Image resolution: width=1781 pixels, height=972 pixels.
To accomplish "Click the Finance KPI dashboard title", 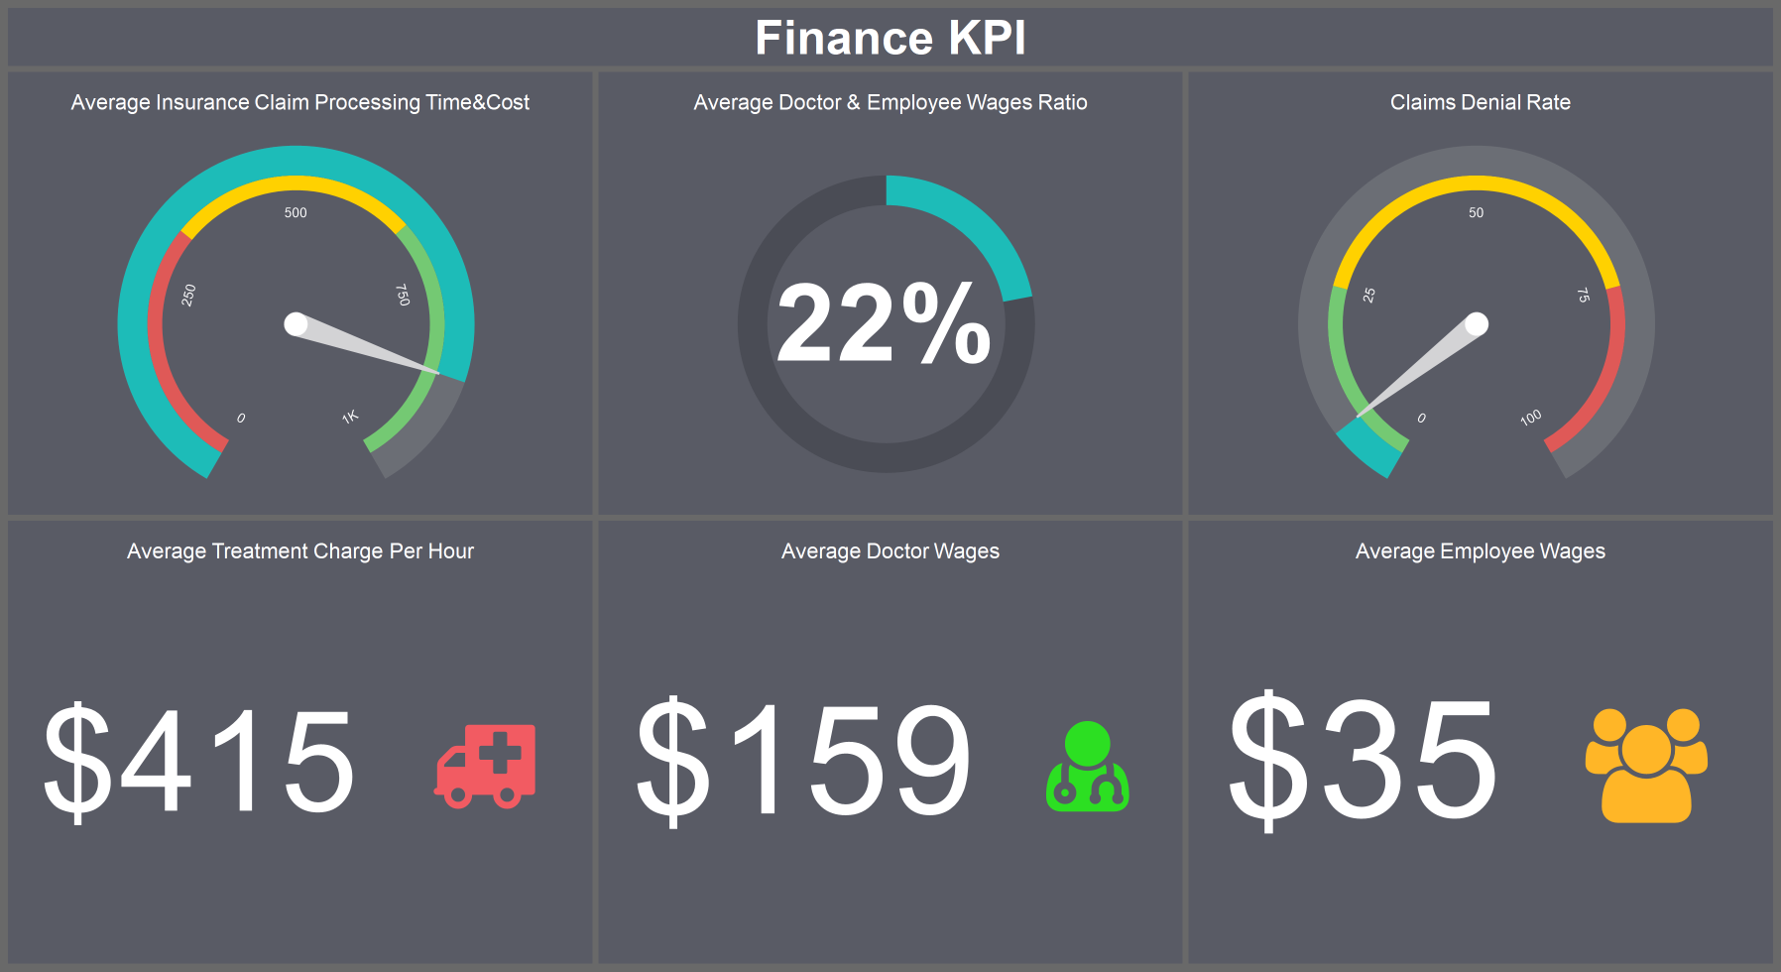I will point(890,38).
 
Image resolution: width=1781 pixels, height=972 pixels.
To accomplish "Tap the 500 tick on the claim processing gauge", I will point(296,212).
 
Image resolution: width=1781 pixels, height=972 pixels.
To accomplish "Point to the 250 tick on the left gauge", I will point(188,295).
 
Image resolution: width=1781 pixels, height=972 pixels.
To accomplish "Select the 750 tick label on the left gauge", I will point(402,295).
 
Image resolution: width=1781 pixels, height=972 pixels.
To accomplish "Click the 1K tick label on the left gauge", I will point(350,417).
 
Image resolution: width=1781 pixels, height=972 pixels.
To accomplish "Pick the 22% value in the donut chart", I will point(884,323).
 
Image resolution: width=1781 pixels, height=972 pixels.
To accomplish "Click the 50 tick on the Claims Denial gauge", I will point(1476,212).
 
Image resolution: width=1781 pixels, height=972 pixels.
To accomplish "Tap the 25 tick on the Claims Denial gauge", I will point(1369,295).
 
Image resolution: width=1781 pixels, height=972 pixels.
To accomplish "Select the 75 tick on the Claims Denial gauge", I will point(1583,295).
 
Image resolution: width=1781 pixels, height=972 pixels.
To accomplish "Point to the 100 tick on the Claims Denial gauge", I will point(1531,417).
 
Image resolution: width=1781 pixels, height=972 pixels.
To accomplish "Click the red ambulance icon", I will point(486,766).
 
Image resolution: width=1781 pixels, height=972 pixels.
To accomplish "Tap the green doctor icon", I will point(1087,766).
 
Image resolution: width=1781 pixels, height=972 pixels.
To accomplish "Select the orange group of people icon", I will point(1646,765).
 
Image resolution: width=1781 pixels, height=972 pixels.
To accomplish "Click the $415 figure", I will point(199,762).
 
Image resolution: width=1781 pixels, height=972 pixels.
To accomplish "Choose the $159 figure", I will point(804,760).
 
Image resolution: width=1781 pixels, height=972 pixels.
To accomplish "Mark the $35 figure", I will point(1363,760).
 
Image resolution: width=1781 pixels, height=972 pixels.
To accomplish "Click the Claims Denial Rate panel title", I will point(1480,102).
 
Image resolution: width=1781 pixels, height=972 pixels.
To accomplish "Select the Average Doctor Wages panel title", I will point(890,551).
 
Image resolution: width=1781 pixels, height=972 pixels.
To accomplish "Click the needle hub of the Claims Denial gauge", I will point(1476,324).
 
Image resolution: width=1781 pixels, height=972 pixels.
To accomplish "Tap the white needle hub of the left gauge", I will point(296,324).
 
